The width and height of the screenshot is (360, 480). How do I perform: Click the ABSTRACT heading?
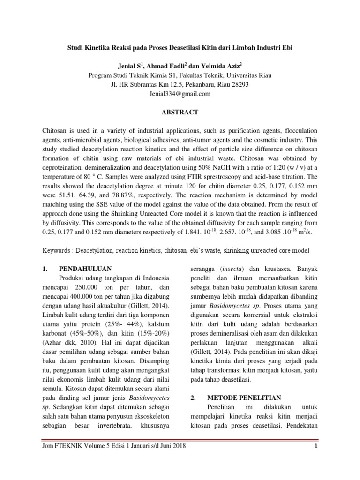180,112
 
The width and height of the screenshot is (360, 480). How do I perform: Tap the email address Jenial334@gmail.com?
180,94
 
